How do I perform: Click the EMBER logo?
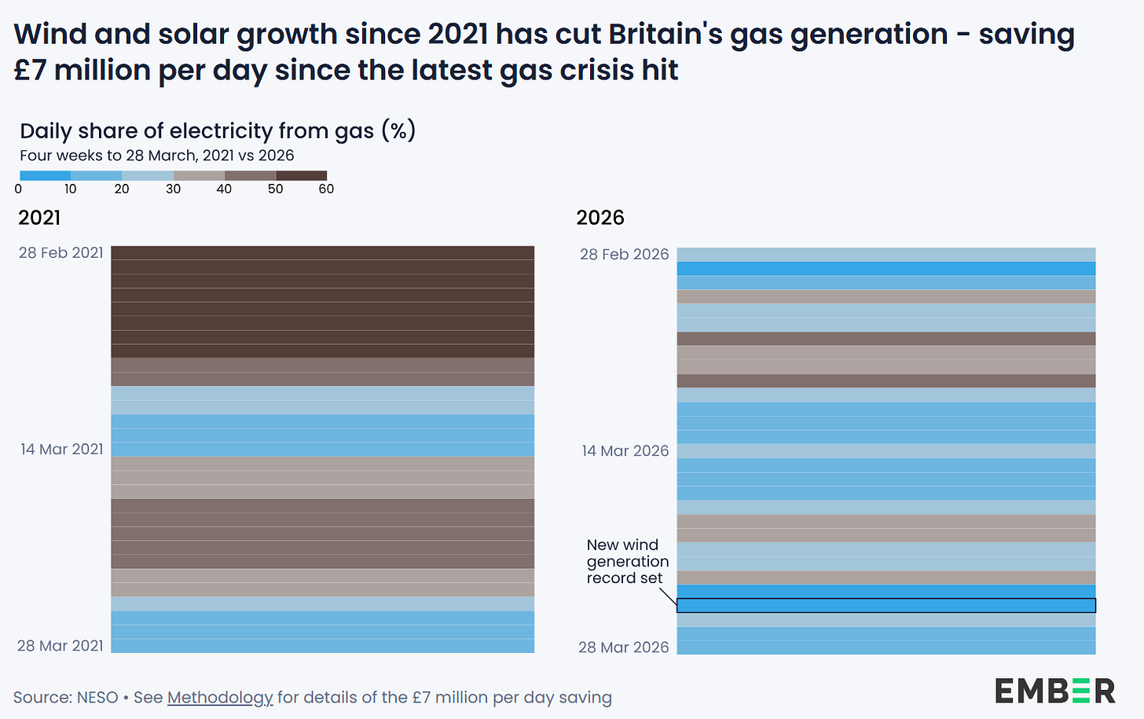click(1055, 691)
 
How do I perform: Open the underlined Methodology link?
click(220, 698)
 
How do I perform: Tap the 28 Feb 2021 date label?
click(61, 253)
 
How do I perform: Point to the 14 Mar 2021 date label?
click(62, 449)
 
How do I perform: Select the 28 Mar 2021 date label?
click(60, 646)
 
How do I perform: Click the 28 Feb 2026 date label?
click(624, 255)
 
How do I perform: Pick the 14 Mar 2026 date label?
click(625, 451)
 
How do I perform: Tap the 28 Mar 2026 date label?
click(624, 647)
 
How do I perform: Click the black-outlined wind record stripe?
click(886, 606)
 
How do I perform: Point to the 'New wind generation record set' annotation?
click(628, 561)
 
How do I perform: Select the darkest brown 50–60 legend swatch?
click(302, 176)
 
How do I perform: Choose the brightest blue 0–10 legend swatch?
click(46, 176)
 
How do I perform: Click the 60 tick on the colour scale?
click(326, 189)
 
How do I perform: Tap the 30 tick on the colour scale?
click(173, 189)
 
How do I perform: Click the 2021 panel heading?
click(39, 218)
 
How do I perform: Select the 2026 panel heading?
click(600, 218)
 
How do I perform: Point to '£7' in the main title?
click(31, 70)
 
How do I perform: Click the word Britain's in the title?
click(665, 35)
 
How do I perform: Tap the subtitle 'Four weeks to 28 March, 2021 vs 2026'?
click(157, 156)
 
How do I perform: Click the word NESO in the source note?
click(97, 698)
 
